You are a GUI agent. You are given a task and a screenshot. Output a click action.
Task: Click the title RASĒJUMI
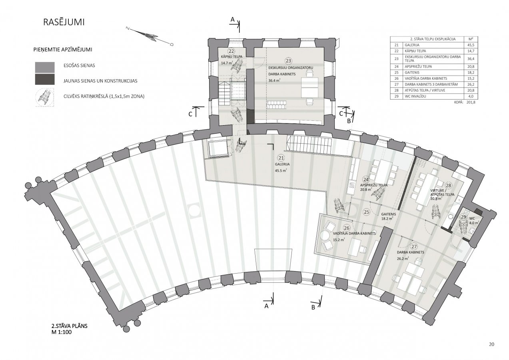coord(64,22)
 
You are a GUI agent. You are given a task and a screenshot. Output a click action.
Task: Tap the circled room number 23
coord(288,61)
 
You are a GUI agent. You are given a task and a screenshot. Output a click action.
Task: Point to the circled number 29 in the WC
coord(463,217)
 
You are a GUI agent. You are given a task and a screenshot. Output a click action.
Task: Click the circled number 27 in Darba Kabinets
coord(414,247)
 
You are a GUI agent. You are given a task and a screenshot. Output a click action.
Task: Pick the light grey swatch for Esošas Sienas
coord(45,67)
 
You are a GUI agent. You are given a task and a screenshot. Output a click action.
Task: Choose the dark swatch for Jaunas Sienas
coord(45,79)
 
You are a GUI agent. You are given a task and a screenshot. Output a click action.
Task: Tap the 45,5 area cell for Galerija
coord(471,45)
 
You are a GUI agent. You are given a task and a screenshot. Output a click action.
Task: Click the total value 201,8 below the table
coord(471,102)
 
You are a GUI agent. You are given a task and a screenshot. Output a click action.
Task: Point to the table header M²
coord(471,39)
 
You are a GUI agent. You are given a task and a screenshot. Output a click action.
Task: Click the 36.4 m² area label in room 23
coord(274,80)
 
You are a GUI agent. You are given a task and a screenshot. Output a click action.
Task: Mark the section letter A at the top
coord(232,20)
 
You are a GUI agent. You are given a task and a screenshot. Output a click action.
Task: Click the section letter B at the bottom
coord(313,308)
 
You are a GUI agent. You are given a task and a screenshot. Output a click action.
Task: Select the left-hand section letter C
coord(190,114)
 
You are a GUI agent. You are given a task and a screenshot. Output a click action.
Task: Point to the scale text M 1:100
coord(62,332)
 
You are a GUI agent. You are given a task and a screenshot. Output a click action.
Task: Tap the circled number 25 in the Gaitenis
coord(367,212)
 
